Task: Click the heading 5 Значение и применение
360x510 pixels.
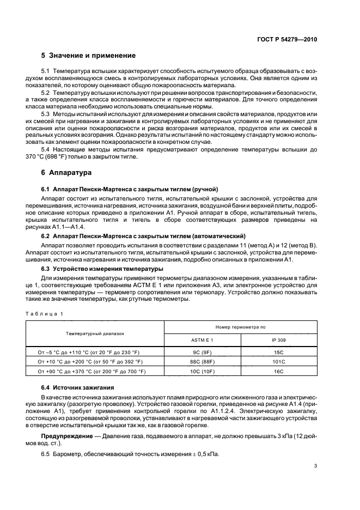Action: point(88,56)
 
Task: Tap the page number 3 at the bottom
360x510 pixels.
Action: point(315,465)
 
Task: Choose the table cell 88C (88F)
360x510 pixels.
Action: point(203,361)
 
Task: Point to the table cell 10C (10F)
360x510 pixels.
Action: point(203,371)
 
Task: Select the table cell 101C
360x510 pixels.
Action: point(279,361)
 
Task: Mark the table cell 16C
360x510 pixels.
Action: point(279,371)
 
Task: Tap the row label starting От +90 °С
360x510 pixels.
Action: point(91,371)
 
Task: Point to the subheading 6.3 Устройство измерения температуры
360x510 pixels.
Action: point(103,269)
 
